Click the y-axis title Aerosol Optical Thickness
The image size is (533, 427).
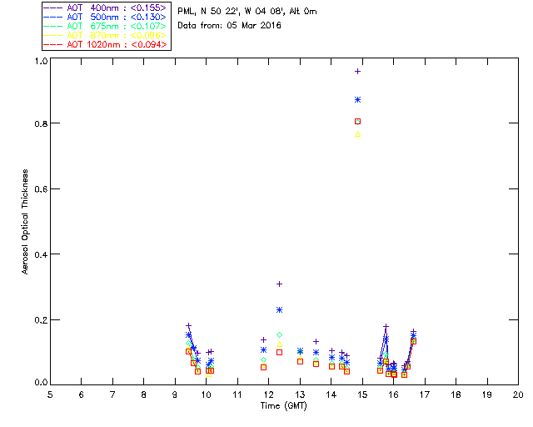tap(26, 222)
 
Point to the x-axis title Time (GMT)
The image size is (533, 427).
tap(284, 405)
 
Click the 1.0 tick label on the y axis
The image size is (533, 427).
tap(40, 62)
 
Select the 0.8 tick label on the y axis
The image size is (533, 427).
tap(40, 123)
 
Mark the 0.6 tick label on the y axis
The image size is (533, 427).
tap(40, 189)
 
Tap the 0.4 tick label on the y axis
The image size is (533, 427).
tap(40, 254)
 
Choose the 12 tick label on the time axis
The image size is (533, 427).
tap(268, 394)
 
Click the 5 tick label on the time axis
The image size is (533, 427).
tap(50, 394)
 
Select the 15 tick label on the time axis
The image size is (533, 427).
tap(362, 394)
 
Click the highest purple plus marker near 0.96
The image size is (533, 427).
tap(358, 71)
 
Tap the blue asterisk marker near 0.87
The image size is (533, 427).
tap(358, 99)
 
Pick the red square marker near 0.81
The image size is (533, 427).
tap(358, 121)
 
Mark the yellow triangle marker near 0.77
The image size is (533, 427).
tap(358, 133)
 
